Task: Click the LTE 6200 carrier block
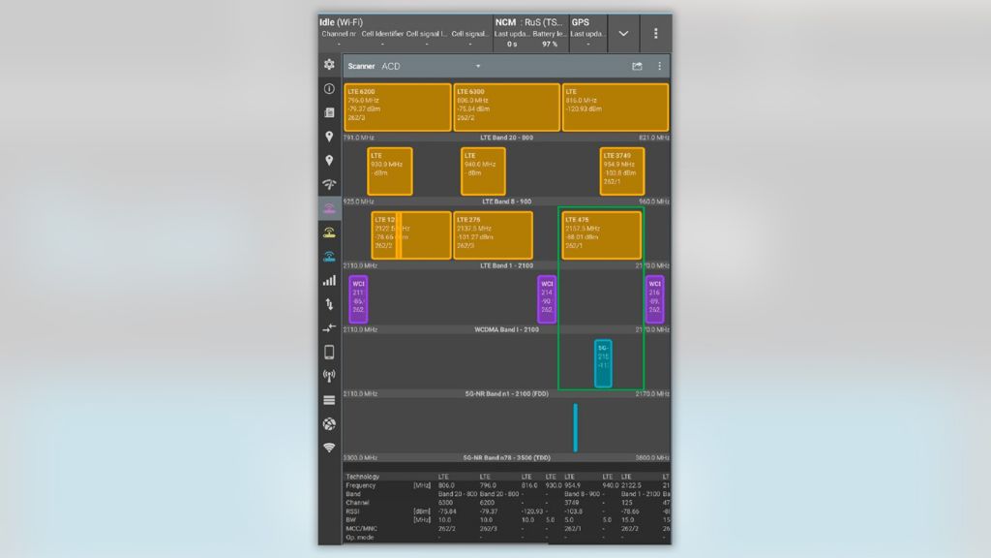(398, 108)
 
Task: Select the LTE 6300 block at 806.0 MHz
(507, 108)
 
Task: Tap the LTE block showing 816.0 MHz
(616, 108)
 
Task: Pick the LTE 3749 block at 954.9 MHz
(621, 171)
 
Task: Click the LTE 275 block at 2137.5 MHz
(493, 235)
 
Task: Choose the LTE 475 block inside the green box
(602, 235)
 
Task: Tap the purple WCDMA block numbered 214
(547, 299)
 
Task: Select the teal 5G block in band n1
(603, 363)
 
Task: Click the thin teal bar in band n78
(576, 427)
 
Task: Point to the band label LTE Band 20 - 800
(506, 138)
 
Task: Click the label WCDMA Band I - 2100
(506, 329)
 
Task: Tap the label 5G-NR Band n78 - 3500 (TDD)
(506, 457)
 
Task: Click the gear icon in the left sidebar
(329, 64)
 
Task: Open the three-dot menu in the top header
(655, 33)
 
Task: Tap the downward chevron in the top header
(623, 33)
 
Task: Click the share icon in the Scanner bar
(637, 67)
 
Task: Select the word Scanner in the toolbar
(362, 67)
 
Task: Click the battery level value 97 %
(550, 45)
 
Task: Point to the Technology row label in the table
(363, 477)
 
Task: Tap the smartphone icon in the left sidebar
(329, 352)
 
